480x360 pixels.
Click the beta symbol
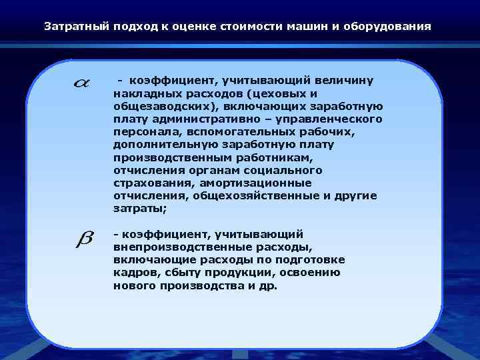[x=84, y=238]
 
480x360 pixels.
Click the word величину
[x=347, y=80]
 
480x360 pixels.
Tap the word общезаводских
[x=153, y=106]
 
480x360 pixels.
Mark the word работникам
[x=240, y=157]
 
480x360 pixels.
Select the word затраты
[x=139, y=209]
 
